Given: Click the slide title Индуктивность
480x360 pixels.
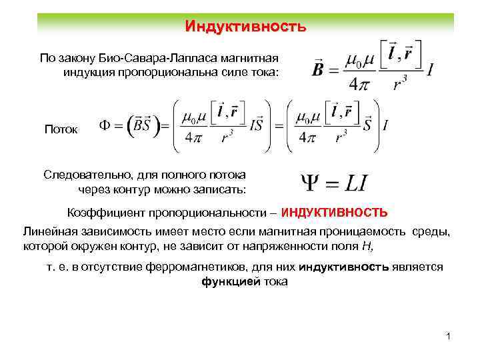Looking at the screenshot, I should pos(245,27).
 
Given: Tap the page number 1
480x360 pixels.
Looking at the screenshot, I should pos(449,337).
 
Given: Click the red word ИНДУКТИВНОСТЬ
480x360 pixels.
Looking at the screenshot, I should pos(334,213).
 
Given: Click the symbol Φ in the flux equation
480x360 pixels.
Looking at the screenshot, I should pos(107,125).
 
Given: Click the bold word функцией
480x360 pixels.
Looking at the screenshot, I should pos(228,281).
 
